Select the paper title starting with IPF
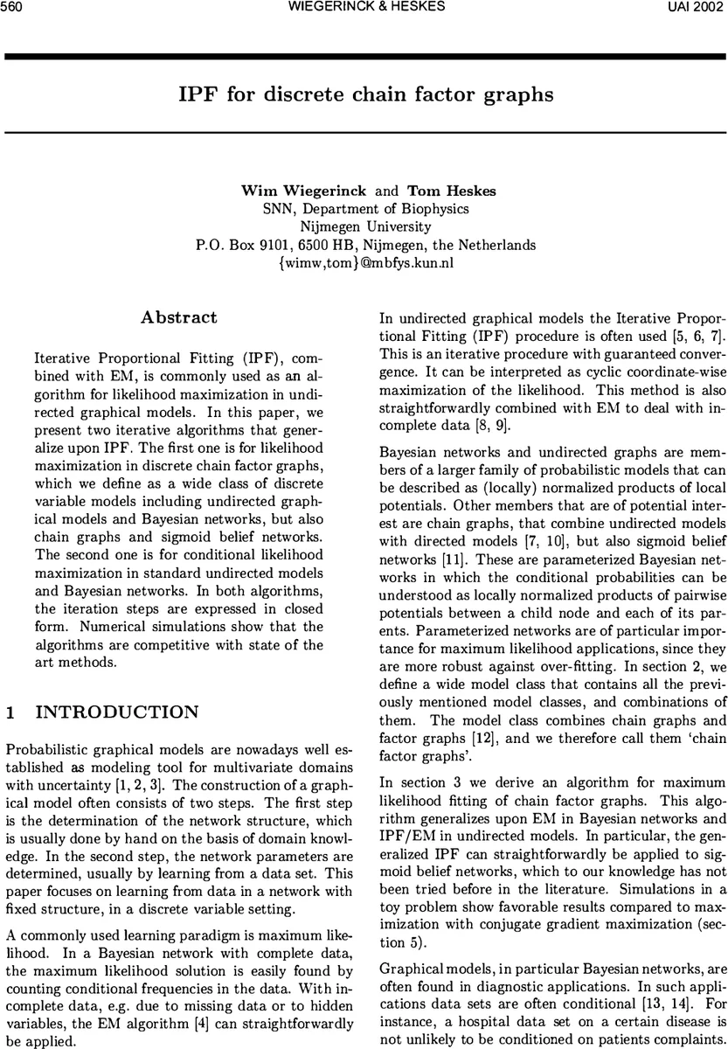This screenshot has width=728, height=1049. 365,94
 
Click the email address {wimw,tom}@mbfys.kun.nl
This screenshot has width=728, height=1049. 365,263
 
